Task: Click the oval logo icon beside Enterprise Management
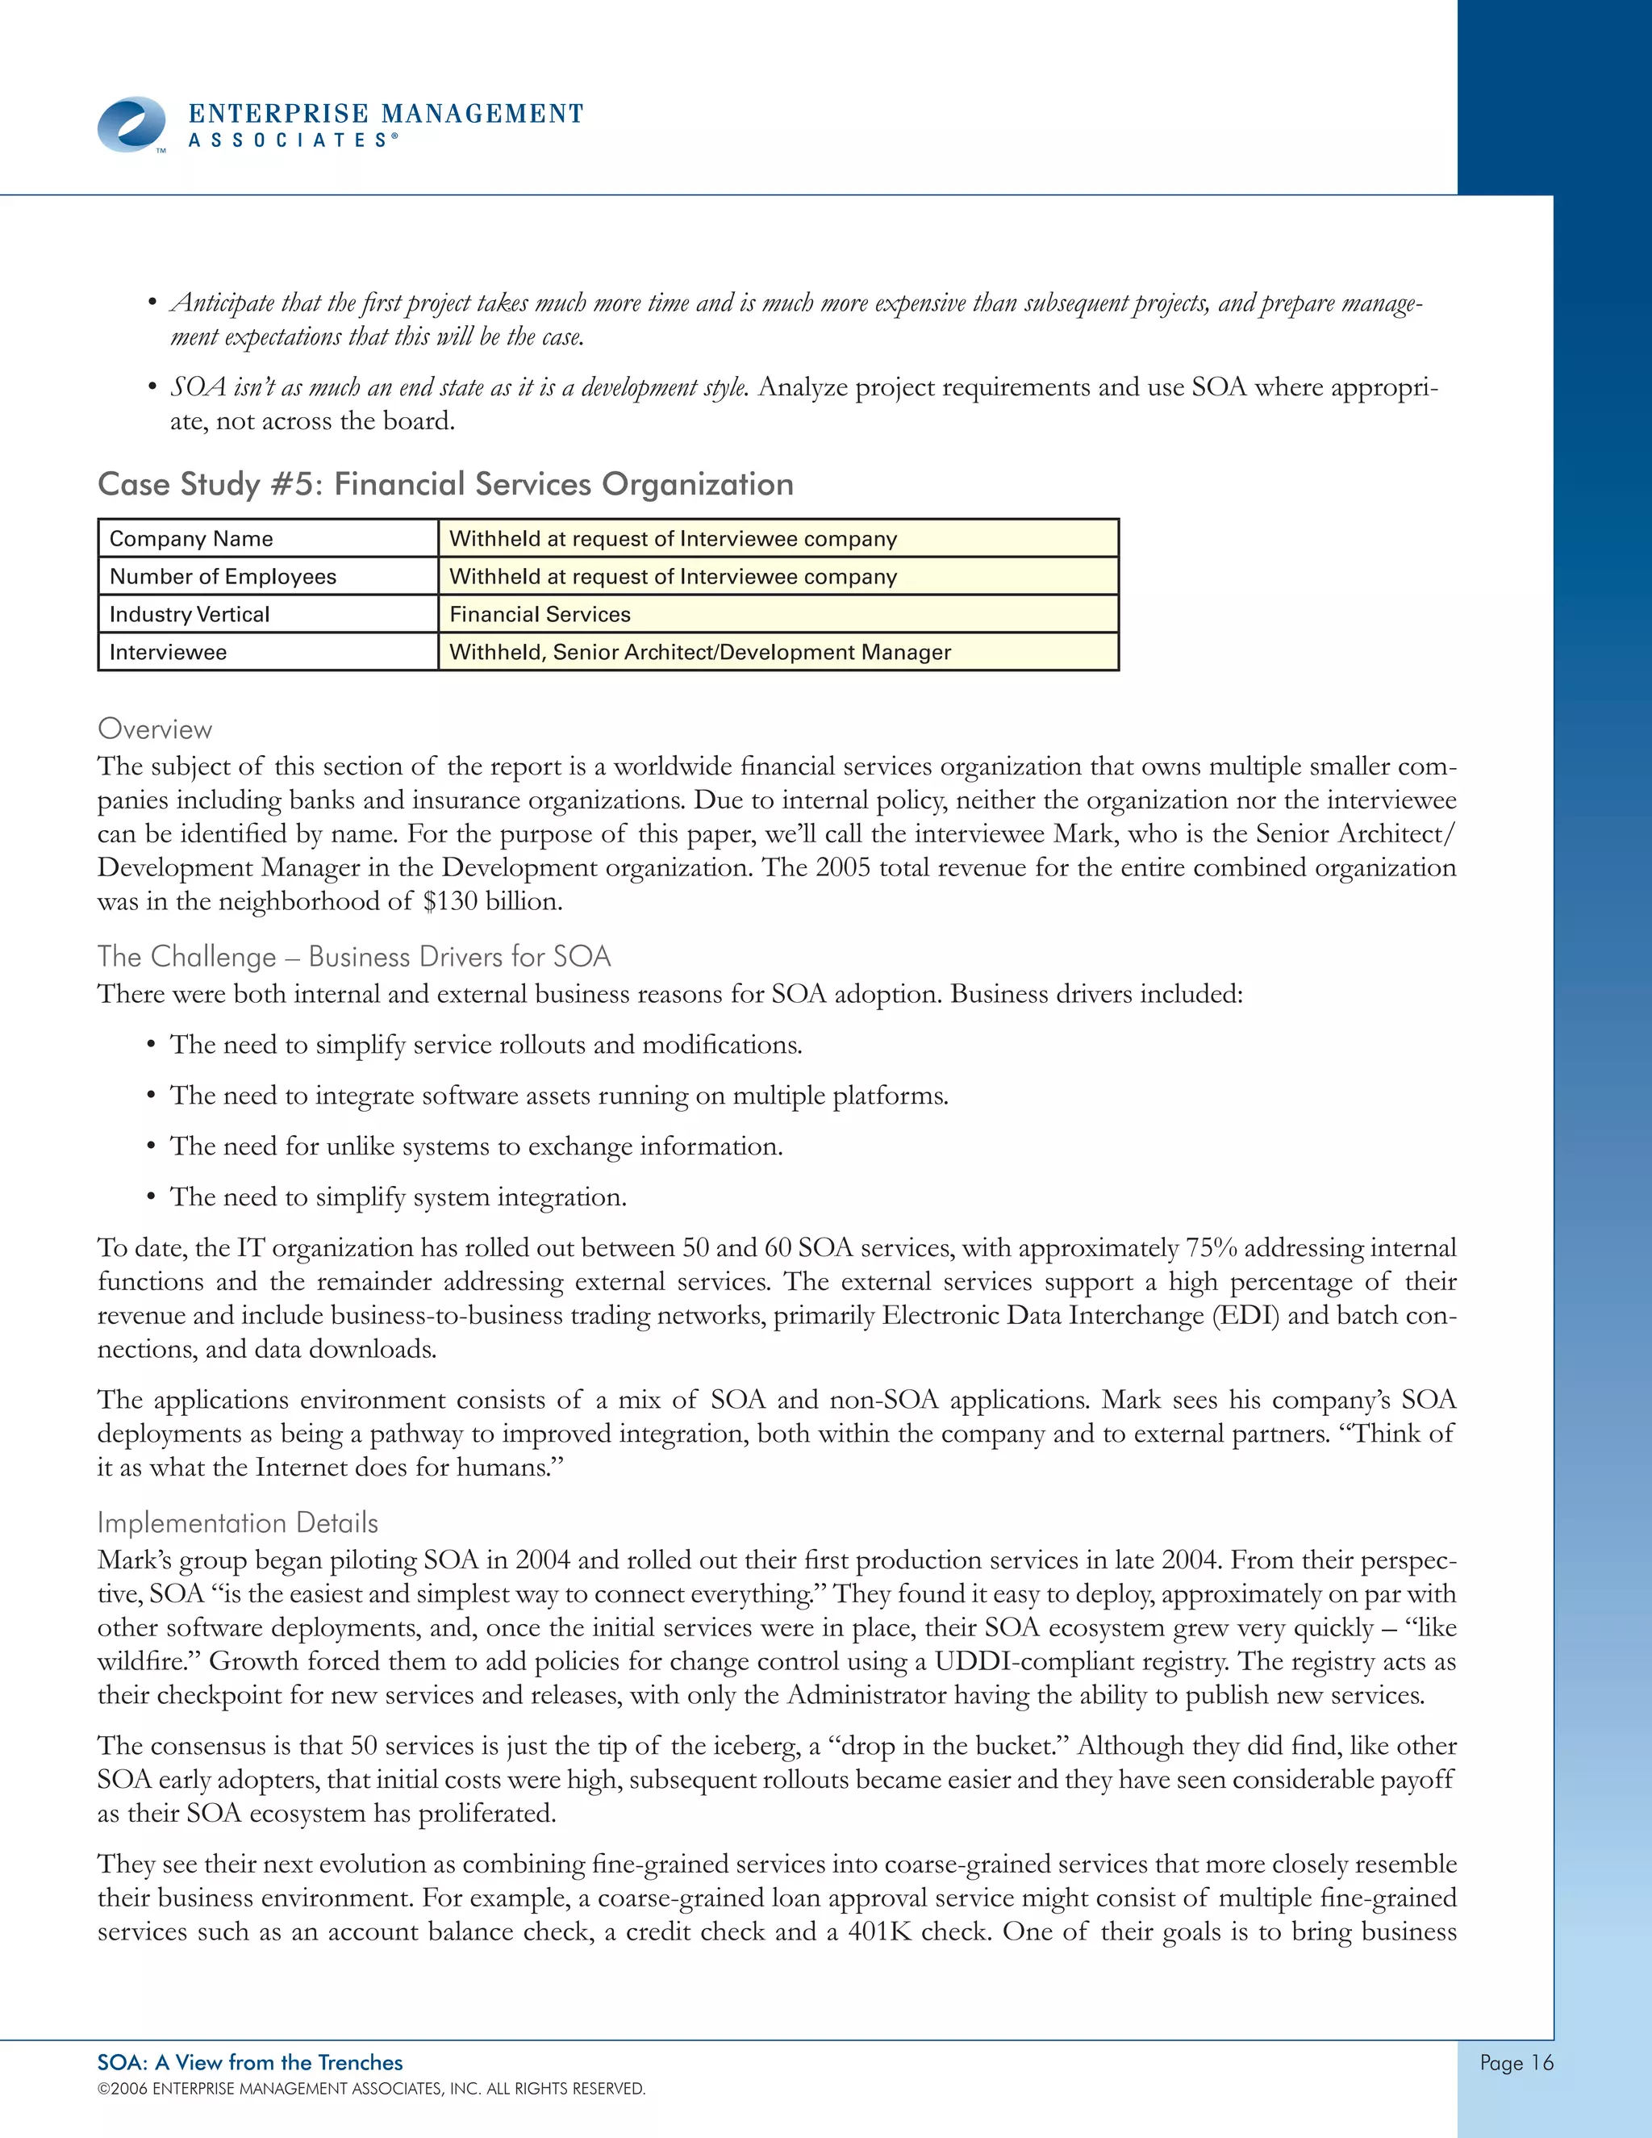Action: tap(132, 124)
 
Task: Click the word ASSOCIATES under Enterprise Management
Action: tap(293, 141)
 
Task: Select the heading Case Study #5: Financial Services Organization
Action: tap(445, 485)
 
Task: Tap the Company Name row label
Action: tap(192, 538)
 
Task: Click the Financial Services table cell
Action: tap(540, 615)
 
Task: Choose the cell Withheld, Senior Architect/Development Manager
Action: tap(699, 652)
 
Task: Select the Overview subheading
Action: tap(155, 729)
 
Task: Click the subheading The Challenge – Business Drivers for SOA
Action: tap(353, 956)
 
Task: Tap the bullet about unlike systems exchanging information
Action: tap(476, 1146)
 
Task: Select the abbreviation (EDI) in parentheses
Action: tap(1245, 1316)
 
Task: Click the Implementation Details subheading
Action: tap(238, 1523)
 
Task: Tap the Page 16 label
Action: tap(1515, 2063)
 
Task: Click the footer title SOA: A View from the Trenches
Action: tap(249, 2063)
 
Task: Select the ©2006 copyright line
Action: tap(371, 2089)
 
